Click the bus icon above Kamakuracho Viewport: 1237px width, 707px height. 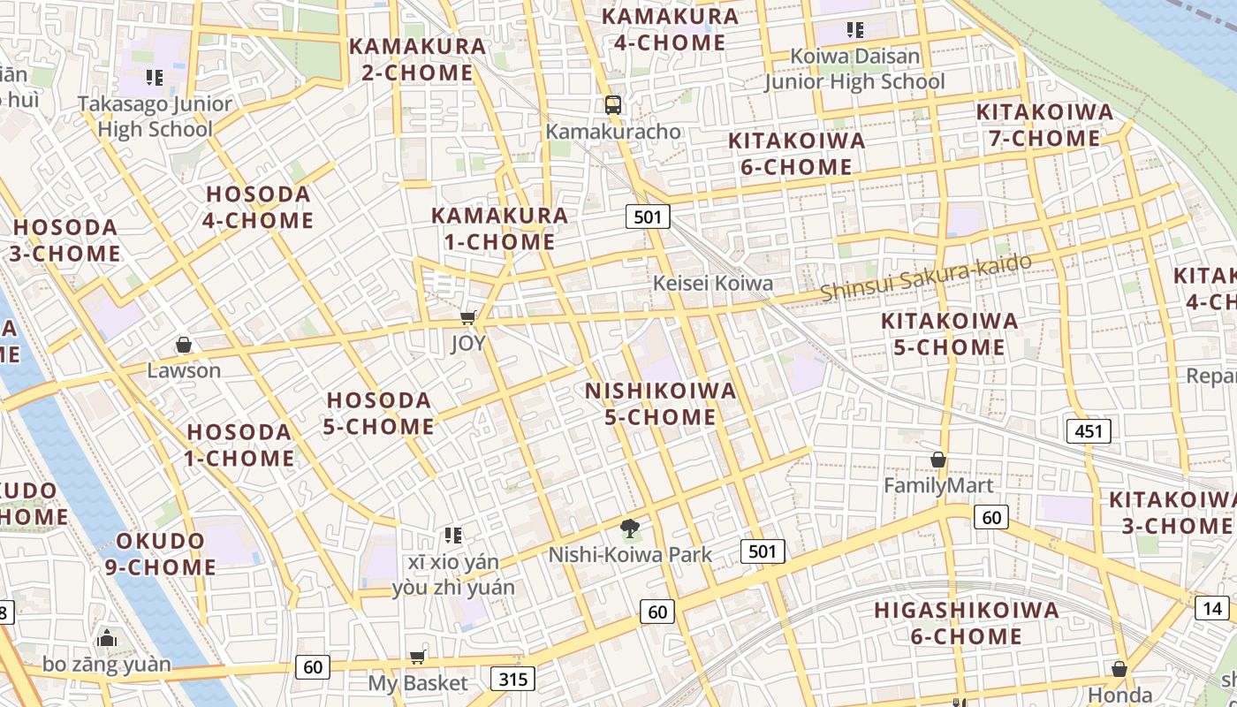click(612, 105)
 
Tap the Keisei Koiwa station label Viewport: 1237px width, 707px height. click(712, 284)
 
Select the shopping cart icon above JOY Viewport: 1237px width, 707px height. click(468, 317)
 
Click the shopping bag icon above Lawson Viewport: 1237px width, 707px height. click(184, 344)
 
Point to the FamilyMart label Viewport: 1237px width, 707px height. click(938, 486)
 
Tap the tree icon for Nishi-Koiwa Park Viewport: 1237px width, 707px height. click(630, 529)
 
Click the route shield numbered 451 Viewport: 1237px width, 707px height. click(1089, 431)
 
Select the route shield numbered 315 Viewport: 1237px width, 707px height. click(512, 679)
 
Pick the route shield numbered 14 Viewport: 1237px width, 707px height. click(1213, 608)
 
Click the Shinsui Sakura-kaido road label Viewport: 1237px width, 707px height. click(925, 277)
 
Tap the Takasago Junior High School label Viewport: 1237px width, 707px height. click(155, 117)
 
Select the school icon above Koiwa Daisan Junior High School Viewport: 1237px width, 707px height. click(854, 30)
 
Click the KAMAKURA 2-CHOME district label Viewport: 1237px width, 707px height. click(417, 59)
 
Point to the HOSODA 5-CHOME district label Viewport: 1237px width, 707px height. click(379, 414)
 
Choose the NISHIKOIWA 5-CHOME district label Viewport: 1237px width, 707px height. click(660, 404)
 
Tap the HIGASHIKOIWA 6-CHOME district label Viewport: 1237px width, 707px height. click(966, 623)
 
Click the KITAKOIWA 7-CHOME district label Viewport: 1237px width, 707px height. click(1044, 125)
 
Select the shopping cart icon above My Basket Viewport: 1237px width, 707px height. click(417, 657)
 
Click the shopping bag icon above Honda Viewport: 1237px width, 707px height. click(1119, 669)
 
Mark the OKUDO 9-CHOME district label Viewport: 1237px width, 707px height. click(161, 554)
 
